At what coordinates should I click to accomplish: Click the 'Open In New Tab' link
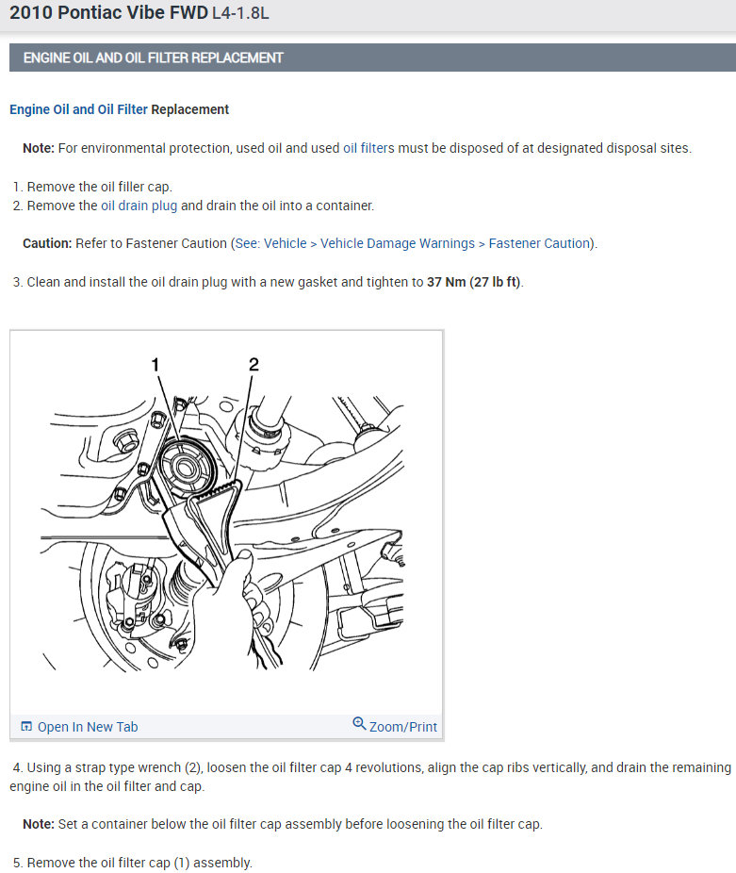point(87,727)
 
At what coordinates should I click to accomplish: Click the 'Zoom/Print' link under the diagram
point(402,727)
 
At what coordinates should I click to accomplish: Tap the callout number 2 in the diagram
point(254,363)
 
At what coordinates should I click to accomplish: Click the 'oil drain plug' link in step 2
point(139,206)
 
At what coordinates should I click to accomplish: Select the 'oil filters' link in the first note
point(368,148)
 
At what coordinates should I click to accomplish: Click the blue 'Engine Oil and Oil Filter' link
point(78,109)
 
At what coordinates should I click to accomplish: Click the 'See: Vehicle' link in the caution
point(270,243)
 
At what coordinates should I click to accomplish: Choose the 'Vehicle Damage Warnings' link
point(398,243)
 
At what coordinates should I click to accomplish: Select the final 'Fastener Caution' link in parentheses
point(539,243)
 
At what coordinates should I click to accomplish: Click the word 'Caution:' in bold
point(47,243)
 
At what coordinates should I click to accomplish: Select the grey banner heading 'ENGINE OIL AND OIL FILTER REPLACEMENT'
point(153,58)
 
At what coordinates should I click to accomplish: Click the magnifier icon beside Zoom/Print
point(359,724)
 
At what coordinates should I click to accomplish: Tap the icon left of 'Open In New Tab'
point(26,727)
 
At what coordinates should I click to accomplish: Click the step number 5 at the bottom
point(17,863)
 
